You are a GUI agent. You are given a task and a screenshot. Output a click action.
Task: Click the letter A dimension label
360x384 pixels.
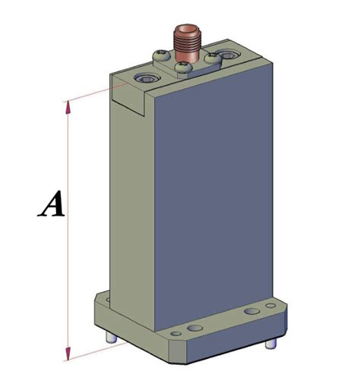[x=50, y=206]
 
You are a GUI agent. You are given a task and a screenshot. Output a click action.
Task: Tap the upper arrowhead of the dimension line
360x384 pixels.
[x=69, y=108]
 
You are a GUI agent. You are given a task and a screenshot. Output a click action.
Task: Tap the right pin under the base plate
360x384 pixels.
[x=270, y=344]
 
